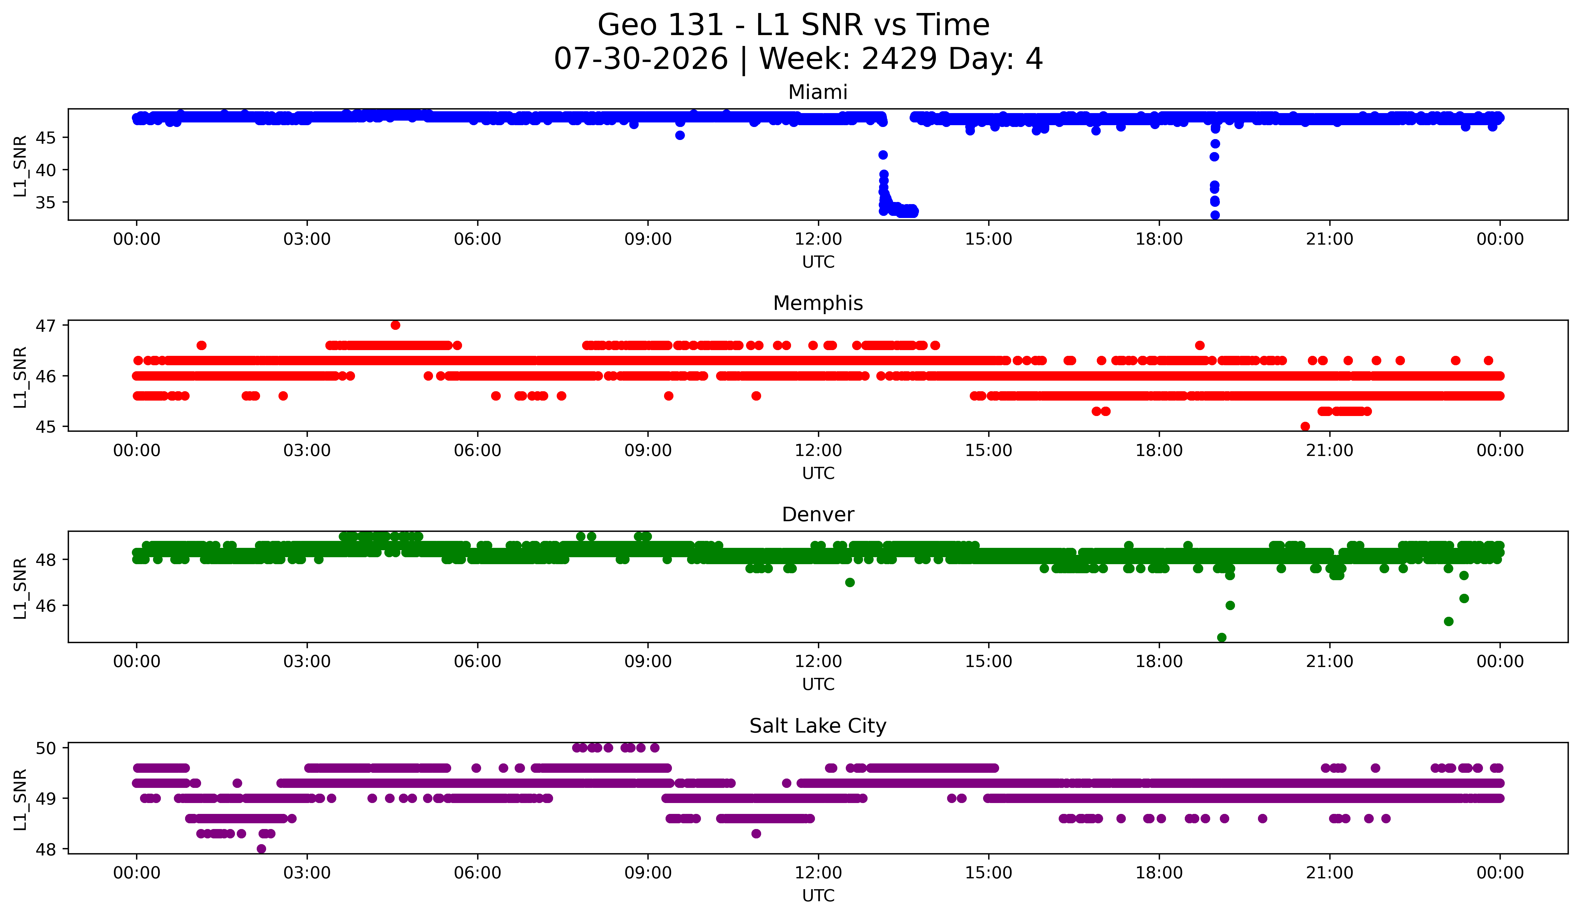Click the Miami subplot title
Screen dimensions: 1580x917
tap(818, 92)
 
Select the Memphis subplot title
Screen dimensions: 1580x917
tap(818, 303)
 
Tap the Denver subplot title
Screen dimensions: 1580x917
tap(818, 515)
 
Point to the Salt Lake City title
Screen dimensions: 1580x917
tap(818, 726)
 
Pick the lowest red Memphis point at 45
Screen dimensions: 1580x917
tap(1305, 426)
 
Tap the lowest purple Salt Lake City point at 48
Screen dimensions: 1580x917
tap(262, 849)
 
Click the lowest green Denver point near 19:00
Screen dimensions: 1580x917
tap(1221, 637)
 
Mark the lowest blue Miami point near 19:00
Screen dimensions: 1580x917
tap(1214, 215)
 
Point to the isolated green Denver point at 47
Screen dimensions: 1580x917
tap(849, 582)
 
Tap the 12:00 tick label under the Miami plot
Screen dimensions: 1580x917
tap(818, 239)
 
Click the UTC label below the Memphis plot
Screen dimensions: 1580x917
tap(818, 473)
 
